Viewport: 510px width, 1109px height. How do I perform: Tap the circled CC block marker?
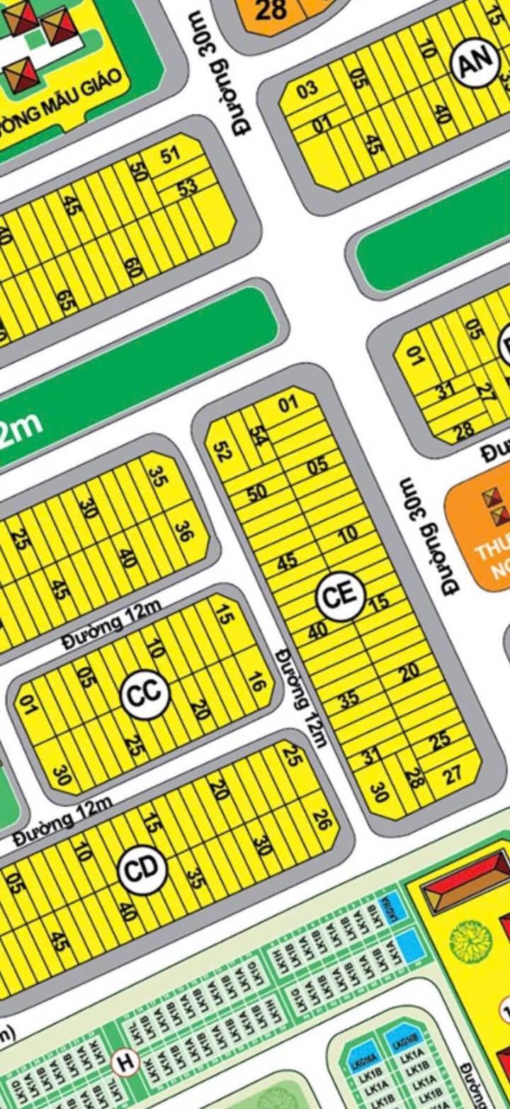146,694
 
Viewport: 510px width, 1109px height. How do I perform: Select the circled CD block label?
142,869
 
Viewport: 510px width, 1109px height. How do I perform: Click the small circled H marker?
125,1062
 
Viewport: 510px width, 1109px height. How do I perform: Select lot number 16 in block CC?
256,684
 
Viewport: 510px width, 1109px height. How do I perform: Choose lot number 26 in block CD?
321,821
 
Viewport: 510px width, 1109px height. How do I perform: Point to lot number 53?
188,188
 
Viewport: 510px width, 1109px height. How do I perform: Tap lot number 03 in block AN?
307,91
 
